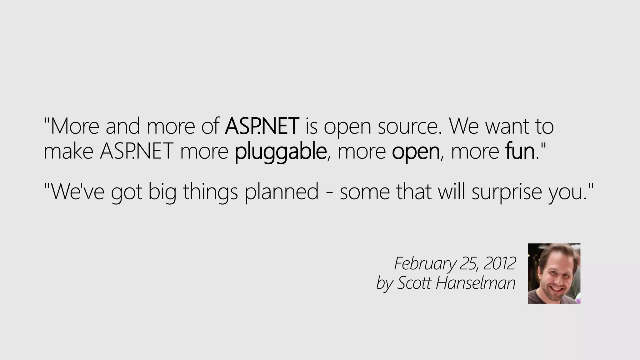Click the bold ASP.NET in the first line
pos(262,126)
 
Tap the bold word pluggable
pos(280,152)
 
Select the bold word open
pos(416,152)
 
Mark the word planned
pos(282,192)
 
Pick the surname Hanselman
pos(475,283)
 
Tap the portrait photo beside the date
pos(554,273)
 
